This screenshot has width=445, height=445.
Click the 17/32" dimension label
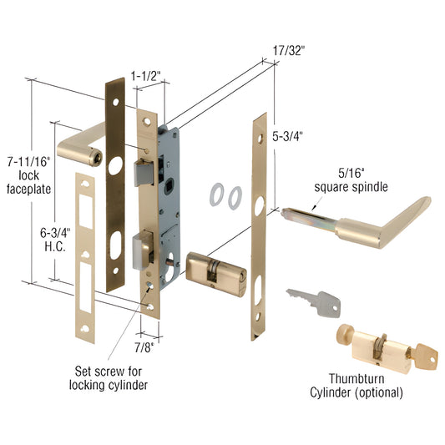(x=289, y=51)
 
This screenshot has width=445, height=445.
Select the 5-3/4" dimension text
(x=287, y=137)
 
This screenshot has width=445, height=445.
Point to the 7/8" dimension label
(x=144, y=347)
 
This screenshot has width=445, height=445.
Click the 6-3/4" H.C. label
(x=55, y=240)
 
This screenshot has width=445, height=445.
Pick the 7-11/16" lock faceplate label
(x=28, y=175)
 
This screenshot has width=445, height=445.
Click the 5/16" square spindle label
(x=351, y=180)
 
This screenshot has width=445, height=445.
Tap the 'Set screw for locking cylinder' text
(x=109, y=378)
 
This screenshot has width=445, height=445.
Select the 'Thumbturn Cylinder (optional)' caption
(x=357, y=386)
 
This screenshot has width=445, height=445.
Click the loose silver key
(x=315, y=302)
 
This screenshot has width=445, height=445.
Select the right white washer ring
(x=235, y=198)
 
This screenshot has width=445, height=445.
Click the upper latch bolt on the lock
(x=144, y=173)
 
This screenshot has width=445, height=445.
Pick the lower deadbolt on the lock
(x=143, y=250)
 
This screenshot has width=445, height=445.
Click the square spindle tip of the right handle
(x=286, y=212)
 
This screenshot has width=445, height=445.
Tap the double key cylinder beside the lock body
(x=216, y=274)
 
